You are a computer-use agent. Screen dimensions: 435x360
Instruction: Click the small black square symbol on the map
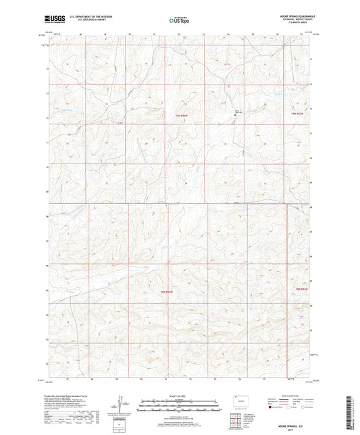click(235, 114)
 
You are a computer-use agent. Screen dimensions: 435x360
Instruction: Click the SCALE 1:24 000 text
click(179, 394)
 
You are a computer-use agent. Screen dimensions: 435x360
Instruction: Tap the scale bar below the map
click(179, 407)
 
